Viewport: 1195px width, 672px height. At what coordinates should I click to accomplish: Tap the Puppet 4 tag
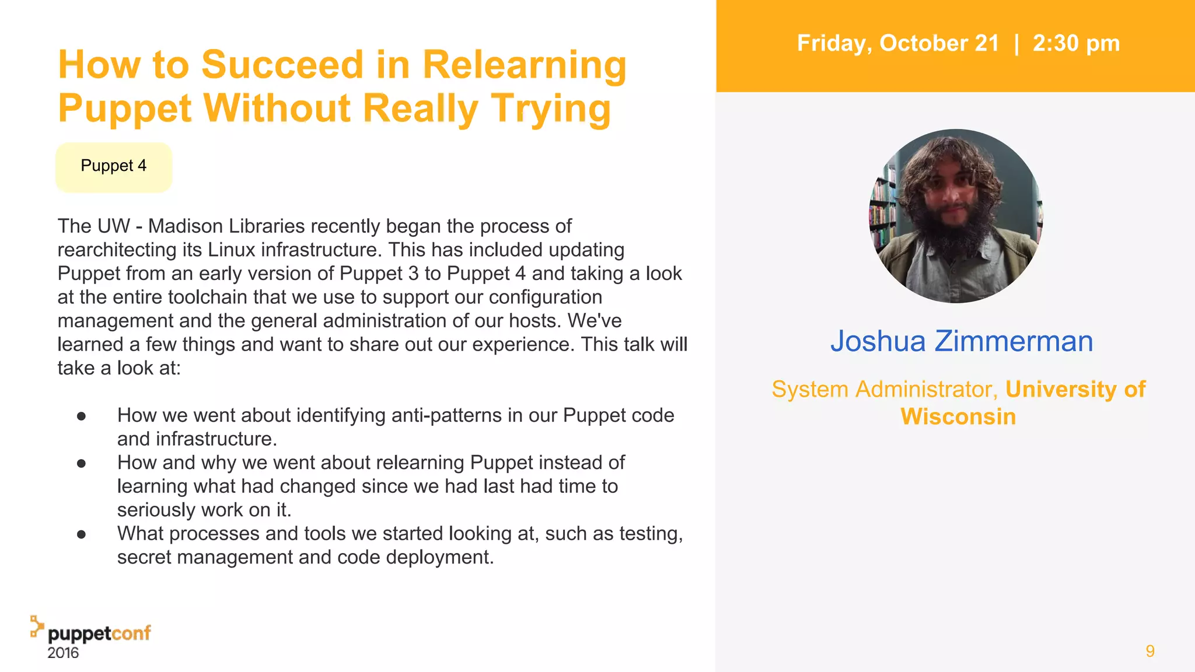click(114, 166)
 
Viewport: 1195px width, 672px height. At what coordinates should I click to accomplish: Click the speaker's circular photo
click(956, 216)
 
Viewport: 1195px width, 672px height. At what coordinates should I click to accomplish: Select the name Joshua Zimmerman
click(961, 341)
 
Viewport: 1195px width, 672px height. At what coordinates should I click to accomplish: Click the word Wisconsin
click(958, 417)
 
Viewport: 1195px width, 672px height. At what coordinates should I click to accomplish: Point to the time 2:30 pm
click(1076, 44)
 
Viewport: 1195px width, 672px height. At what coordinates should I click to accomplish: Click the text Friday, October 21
click(898, 44)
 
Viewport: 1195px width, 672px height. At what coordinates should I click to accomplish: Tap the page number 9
click(1149, 651)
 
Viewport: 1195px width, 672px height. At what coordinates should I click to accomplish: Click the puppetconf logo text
click(99, 633)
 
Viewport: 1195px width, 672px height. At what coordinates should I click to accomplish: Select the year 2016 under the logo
click(63, 653)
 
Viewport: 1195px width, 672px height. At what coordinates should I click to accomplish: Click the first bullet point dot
click(82, 416)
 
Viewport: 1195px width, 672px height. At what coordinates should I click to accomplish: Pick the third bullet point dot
click(82, 534)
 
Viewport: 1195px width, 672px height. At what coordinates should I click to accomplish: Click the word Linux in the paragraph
click(232, 250)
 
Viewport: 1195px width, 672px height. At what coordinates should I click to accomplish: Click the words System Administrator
click(884, 390)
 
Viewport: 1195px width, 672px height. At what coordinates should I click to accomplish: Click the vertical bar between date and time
click(1016, 44)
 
